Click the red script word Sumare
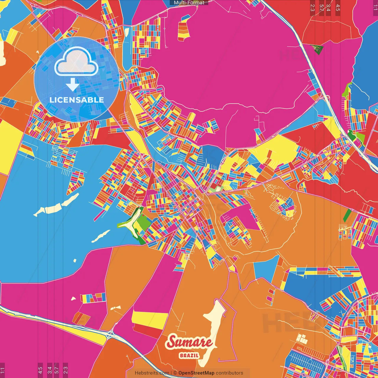click(189, 342)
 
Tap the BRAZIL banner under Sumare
click(189, 355)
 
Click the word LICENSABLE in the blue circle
click(77, 100)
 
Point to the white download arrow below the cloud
click(72, 85)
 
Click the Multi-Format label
click(189, 3)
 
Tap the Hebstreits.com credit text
click(152, 373)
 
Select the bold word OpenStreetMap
click(196, 373)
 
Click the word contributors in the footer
click(229, 373)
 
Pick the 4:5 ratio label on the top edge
click(338, 8)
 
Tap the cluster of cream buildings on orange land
click(302, 339)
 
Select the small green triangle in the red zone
click(318, 49)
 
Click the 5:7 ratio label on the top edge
click(321, 8)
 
